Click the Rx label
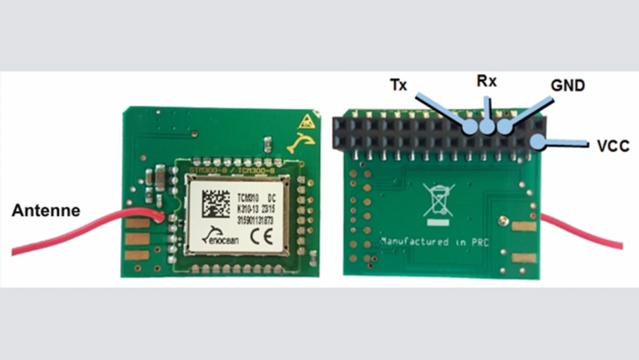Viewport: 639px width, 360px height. coord(487,81)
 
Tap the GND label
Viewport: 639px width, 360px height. coord(568,86)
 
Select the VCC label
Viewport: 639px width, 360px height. coord(613,146)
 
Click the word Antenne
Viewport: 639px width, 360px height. coord(45,210)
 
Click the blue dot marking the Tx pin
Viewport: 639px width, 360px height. coord(470,127)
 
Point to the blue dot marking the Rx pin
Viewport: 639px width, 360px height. coord(487,127)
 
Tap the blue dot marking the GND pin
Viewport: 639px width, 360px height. coord(505,127)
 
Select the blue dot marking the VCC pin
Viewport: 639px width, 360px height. coord(538,142)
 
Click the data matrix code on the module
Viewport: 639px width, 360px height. coord(216,203)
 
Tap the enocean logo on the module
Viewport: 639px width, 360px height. coord(220,236)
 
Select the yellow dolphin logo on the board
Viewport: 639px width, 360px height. coord(302,143)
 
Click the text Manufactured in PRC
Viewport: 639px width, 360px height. coord(434,242)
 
